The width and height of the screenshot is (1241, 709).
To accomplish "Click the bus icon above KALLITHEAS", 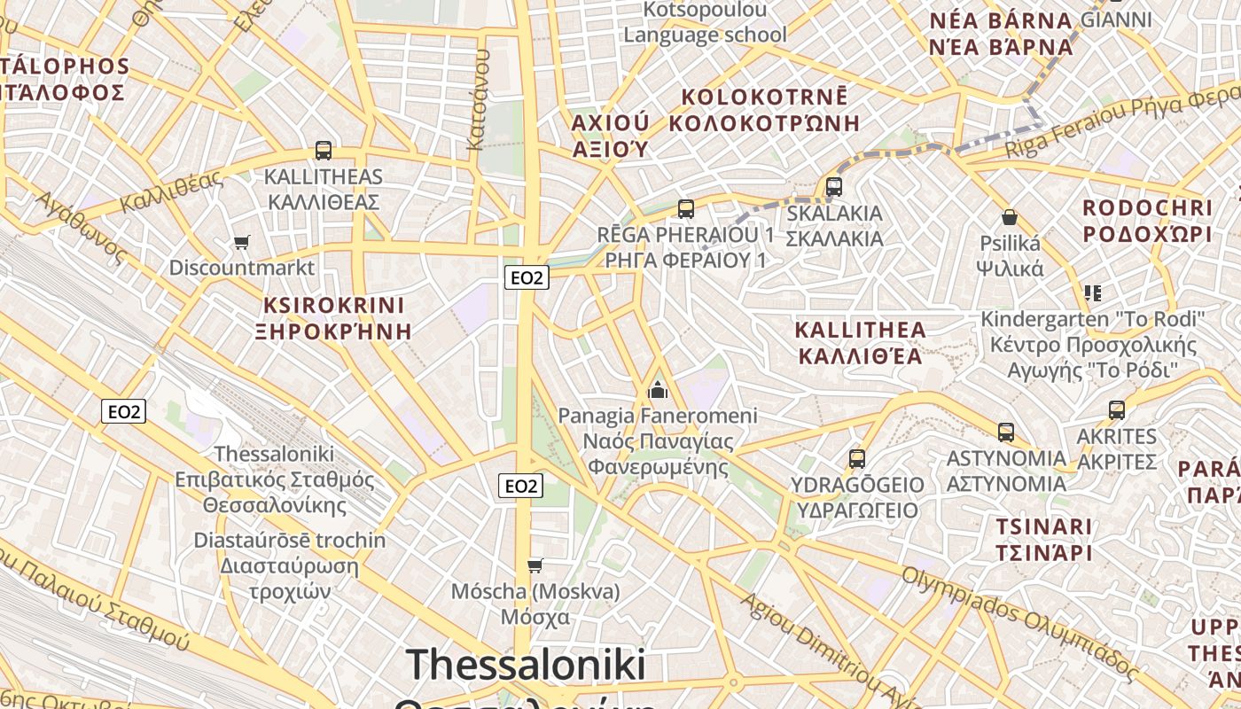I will [x=324, y=151].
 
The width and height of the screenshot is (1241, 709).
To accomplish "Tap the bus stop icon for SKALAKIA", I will [x=833, y=187].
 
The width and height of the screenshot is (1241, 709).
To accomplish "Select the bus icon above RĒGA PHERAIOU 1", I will [x=685, y=209].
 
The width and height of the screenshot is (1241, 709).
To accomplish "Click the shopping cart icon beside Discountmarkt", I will [x=241, y=242].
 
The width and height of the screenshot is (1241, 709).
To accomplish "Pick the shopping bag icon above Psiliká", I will [x=1009, y=217].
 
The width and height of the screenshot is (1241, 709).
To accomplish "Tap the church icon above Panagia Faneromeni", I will [x=658, y=389].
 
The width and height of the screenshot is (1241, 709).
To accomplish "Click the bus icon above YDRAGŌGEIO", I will [x=856, y=459].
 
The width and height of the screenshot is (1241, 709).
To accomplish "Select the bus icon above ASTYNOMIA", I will [x=1005, y=432].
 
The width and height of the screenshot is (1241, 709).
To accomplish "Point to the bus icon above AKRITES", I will [x=1116, y=410].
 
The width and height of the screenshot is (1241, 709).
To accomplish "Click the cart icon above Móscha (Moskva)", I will [x=535, y=565].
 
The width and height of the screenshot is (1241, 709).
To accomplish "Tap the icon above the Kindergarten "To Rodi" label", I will [x=1092, y=292].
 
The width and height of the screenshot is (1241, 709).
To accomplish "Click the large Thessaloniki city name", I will [x=527, y=666].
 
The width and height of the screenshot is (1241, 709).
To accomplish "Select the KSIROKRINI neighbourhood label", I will [x=333, y=306].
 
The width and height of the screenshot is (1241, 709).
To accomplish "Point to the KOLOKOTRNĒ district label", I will [x=764, y=97].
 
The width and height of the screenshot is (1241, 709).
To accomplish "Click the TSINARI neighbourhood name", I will [x=1043, y=527].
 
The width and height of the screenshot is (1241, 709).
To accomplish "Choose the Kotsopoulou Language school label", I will [x=705, y=22].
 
